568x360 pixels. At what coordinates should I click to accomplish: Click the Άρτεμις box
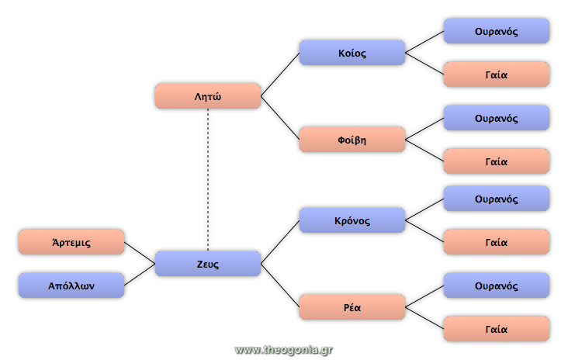pyautogui.click(x=71, y=242)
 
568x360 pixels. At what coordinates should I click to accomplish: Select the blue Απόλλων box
pyautogui.click(x=71, y=286)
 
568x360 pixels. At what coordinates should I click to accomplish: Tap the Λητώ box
pyautogui.click(x=208, y=96)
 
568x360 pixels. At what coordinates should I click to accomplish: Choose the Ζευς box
pyautogui.click(x=208, y=264)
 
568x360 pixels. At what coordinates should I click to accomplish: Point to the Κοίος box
pyautogui.click(x=352, y=53)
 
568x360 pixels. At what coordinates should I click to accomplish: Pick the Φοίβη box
pyautogui.click(x=352, y=140)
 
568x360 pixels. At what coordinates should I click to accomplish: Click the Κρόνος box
pyautogui.click(x=352, y=220)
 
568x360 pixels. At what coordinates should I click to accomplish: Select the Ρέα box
pyautogui.click(x=352, y=307)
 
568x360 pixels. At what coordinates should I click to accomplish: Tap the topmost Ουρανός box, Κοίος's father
pyautogui.click(x=497, y=31)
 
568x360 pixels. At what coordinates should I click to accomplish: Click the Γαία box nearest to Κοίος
pyautogui.click(x=497, y=74)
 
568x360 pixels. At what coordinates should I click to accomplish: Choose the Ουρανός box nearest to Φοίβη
pyautogui.click(x=497, y=118)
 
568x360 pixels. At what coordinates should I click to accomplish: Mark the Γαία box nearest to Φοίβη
pyautogui.click(x=497, y=161)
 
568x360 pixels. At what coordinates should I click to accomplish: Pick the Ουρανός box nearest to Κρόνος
pyautogui.click(x=497, y=199)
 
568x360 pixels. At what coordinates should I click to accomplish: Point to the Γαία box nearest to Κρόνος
pyautogui.click(x=497, y=242)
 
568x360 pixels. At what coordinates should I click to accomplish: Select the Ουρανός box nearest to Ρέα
pyautogui.click(x=497, y=286)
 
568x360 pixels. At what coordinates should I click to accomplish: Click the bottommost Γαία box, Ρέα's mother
pyautogui.click(x=497, y=329)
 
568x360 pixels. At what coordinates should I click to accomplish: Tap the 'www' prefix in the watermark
pyautogui.click(x=248, y=350)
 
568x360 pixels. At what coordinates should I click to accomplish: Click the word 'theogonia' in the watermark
pyautogui.click(x=289, y=350)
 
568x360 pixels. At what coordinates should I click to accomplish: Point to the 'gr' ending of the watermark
pyautogui.click(x=327, y=350)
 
